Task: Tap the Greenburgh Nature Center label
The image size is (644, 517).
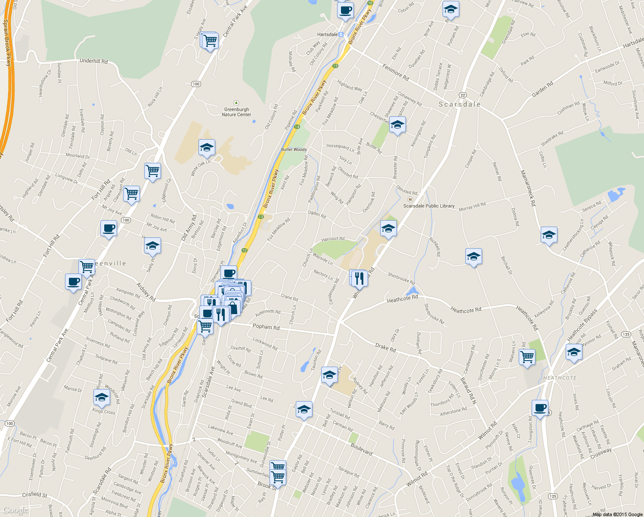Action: click(236, 112)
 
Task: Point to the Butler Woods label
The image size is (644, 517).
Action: click(294, 149)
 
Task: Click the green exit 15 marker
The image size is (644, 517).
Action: click(335, 66)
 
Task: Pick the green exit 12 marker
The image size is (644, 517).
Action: click(245, 250)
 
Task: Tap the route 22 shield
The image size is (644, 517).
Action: click(462, 95)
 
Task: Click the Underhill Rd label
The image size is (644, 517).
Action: click(93, 61)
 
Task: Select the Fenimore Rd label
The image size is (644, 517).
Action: click(396, 72)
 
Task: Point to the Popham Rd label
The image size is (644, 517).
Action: click(266, 327)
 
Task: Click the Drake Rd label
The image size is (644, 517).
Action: click(385, 347)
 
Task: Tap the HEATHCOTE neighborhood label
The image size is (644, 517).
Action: click(560, 378)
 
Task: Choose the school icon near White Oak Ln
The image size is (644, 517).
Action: click(207, 148)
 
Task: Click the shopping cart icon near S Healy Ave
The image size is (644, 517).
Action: click(210, 41)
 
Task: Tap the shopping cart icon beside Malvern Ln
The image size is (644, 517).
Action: click(527, 357)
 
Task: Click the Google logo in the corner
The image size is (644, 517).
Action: click(15, 510)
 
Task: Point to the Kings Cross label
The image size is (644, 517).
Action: click(104, 411)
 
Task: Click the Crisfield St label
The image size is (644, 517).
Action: click(35, 495)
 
